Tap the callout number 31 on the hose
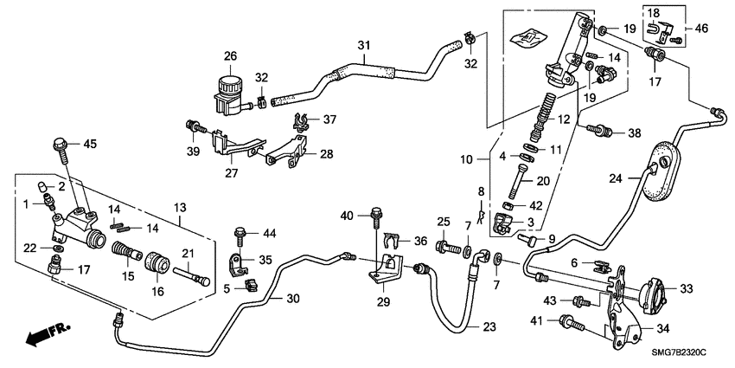(x=363, y=44)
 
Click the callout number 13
(x=180, y=207)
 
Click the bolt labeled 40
(x=377, y=212)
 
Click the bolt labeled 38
(x=598, y=132)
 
